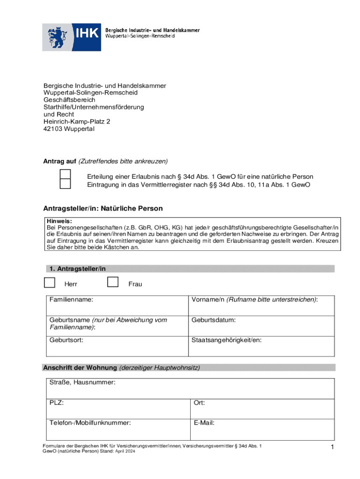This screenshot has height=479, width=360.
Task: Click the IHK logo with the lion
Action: pos(72,37)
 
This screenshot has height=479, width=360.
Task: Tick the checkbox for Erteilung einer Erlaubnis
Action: pos(65,174)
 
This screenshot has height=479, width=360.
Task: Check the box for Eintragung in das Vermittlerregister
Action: pos(65,183)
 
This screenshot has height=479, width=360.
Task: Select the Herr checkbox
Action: pos(49,282)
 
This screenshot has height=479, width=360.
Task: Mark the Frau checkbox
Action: pos(113,282)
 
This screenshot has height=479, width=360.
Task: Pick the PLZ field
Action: pos(116,409)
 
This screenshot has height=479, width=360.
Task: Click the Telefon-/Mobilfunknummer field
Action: pos(116,429)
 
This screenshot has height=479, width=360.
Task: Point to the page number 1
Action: pos(331,448)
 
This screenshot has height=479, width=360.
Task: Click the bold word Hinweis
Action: pos(59,221)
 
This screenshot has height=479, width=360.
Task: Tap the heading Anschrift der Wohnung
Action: pos(80,368)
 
